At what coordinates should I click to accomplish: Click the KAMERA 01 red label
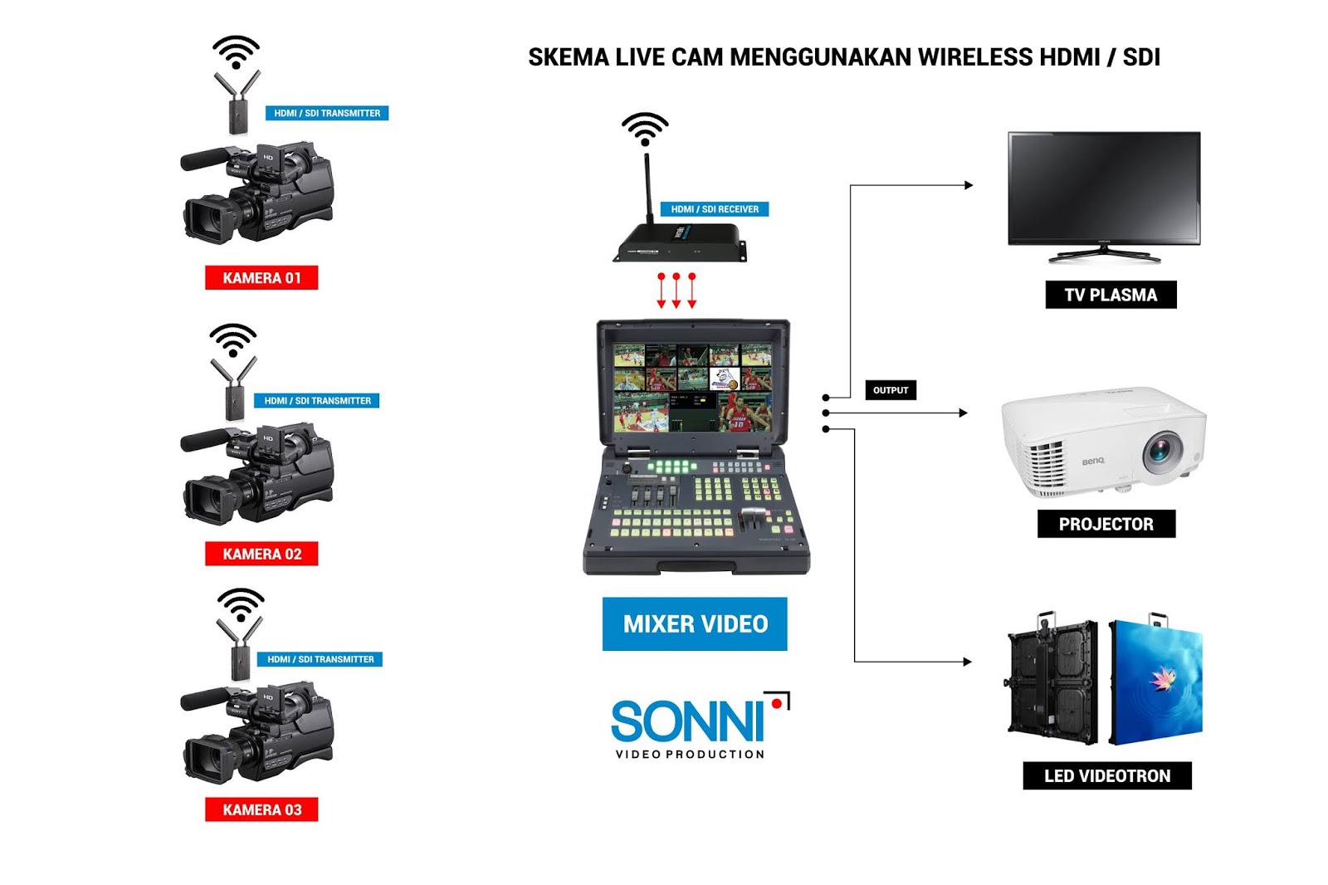[261, 278]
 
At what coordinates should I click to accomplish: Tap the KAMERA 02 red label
[261, 554]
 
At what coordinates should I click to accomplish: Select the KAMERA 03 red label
[261, 809]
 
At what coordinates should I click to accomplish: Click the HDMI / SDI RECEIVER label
[715, 209]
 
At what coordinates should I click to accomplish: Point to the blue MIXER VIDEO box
[695, 623]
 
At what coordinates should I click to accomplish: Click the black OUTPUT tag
[891, 390]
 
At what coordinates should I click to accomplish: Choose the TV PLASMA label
[1110, 295]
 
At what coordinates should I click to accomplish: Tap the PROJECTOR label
[1106, 524]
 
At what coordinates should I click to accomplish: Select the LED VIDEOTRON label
[1106, 775]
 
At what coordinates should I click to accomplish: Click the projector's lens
[1161, 451]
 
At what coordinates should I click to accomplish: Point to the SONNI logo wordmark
[687, 721]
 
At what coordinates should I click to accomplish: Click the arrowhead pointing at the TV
[969, 185]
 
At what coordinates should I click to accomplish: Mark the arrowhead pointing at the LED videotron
[967, 662]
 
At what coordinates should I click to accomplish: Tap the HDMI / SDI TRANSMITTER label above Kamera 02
[317, 401]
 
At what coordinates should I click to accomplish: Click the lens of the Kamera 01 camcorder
[203, 218]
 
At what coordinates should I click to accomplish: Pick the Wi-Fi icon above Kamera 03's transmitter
[241, 604]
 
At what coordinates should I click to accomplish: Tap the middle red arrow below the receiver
[676, 291]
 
